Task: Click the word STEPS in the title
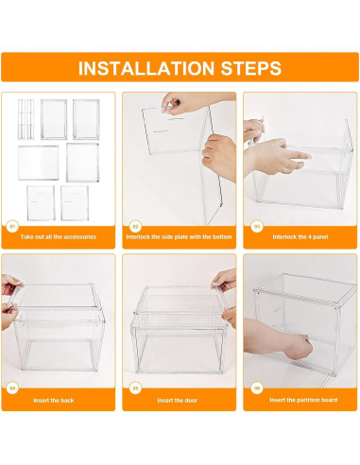pyautogui.click(x=250, y=68)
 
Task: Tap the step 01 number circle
pyautogui.click(x=12, y=226)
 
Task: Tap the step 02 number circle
pyautogui.click(x=135, y=226)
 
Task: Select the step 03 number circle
pyautogui.click(x=257, y=226)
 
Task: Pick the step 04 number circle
pyautogui.click(x=12, y=388)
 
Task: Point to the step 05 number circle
pyautogui.click(x=135, y=388)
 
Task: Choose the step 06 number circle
pyautogui.click(x=257, y=388)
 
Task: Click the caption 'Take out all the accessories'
pyautogui.click(x=59, y=237)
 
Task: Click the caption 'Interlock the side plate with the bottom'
pyautogui.click(x=179, y=237)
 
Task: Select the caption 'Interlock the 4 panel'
pyautogui.click(x=300, y=237)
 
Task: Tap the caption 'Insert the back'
pyautogui.click(x=54, y=401)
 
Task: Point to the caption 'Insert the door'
pyautogui.click(x=178, y=401)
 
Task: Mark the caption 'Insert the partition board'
pyautogui.click(x=303, y=400)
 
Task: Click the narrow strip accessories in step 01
pyautogui.click(x=26, y=119)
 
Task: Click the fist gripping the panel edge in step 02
pyautogui.click(x=220, y=156)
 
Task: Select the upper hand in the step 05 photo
pyautogui.click(x=225, y=280)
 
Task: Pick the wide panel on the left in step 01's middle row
pyautogui.click(x=39, y=163)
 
